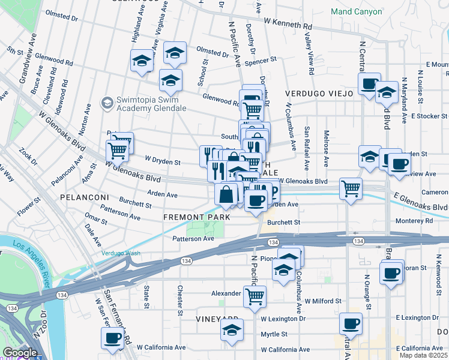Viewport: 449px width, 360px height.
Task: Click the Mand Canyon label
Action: click(x=356, y=11)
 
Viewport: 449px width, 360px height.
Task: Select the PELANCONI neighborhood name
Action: click(x=83, y=197)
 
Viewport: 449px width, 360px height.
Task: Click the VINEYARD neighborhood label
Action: click(x=217, y=319)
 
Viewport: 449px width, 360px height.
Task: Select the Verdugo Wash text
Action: click(x=121, y=253)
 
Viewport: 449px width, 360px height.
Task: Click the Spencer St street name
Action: click(x=261, y=60)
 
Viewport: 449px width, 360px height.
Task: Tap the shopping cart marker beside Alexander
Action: click(x=255, y=295)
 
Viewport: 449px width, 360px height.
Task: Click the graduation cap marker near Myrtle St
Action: click(x=232, y=330)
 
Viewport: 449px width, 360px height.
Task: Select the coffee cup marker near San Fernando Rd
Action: click(x=113, y=338)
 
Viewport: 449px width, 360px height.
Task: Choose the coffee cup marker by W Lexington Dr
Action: click(x=351, y=324)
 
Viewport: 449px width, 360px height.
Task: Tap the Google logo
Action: click(x=20, y=353)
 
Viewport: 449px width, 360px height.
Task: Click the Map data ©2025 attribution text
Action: click(x=423, y=355)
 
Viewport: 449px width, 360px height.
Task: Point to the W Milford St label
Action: click(x=323, y=301)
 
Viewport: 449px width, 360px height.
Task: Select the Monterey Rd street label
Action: click(x=414, y=221)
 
